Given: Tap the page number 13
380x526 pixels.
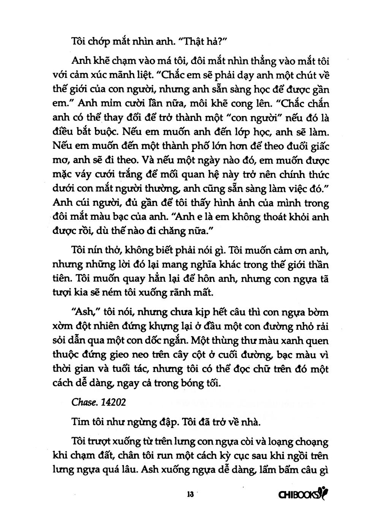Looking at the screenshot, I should tap(190, 495).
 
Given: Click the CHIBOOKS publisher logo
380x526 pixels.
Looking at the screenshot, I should tap(303, 494).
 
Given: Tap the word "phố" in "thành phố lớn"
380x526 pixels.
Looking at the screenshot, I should tap(215, 146).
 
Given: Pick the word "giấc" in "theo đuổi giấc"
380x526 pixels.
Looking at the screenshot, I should tap(318, 146).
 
